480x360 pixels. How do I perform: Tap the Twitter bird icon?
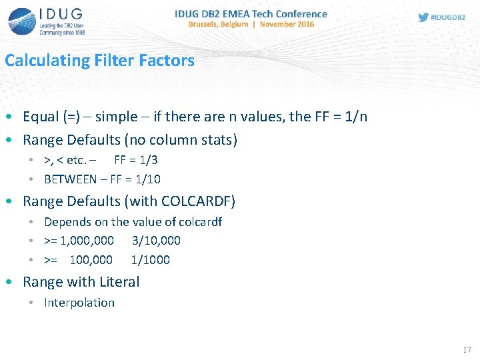coord(423,17)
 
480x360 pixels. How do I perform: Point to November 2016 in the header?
coord(287,24)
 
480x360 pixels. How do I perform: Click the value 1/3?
coord(148,160)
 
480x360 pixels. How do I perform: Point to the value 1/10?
coord(148,179)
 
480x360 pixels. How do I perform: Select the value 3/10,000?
coord(156,241)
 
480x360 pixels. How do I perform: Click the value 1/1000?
coord(150,260)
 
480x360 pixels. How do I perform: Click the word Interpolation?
coord(79,303)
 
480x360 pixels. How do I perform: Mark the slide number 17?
coord(467,350)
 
